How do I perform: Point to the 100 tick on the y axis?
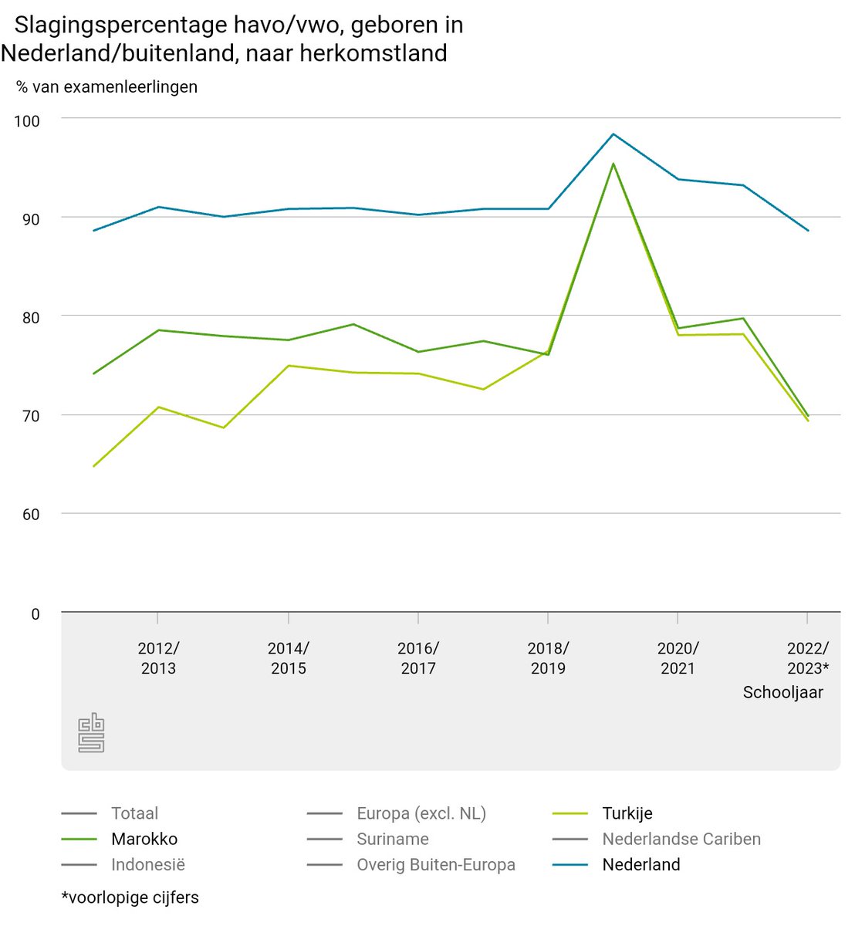point(27,121)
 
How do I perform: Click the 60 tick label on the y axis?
point(30,515)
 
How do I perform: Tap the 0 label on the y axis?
point(35,614)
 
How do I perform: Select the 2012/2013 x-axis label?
point(158,658)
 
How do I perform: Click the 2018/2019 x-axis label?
point(548,658)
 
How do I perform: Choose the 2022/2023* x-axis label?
point(807,658)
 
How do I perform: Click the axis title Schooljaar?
point(782,692)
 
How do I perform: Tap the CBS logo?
point(91,732)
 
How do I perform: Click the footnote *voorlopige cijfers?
point(130,897)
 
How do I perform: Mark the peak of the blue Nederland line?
point(613,134)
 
